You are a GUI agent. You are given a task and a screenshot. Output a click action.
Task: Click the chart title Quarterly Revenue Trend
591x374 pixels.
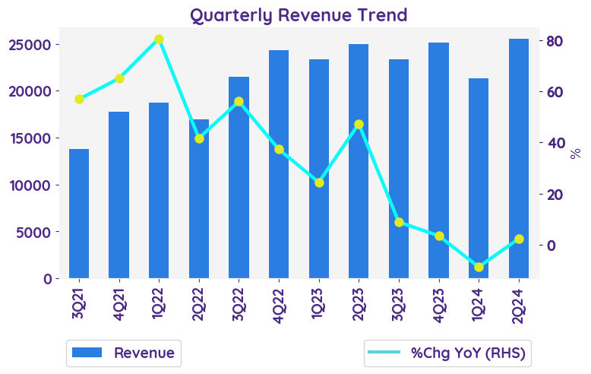coord(298,14)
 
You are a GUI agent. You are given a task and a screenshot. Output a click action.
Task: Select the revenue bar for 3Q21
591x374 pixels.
coord(79,214)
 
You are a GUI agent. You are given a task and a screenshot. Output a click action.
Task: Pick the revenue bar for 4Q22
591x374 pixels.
coord(279,164)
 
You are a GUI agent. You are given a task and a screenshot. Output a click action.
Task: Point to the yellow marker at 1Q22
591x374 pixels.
coord(159,39)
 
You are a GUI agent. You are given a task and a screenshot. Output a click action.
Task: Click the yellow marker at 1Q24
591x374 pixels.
coord(479,267)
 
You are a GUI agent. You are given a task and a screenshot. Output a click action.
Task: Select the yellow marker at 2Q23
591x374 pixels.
coord(359,124)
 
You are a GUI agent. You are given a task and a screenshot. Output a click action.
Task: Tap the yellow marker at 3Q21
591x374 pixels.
coord(79,99)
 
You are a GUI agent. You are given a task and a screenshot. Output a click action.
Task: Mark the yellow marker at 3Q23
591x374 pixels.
coord(399,222)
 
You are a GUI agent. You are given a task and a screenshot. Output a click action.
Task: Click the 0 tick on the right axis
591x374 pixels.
coord(551,246)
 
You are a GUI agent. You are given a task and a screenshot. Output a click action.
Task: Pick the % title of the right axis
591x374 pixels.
coord(575,153)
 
